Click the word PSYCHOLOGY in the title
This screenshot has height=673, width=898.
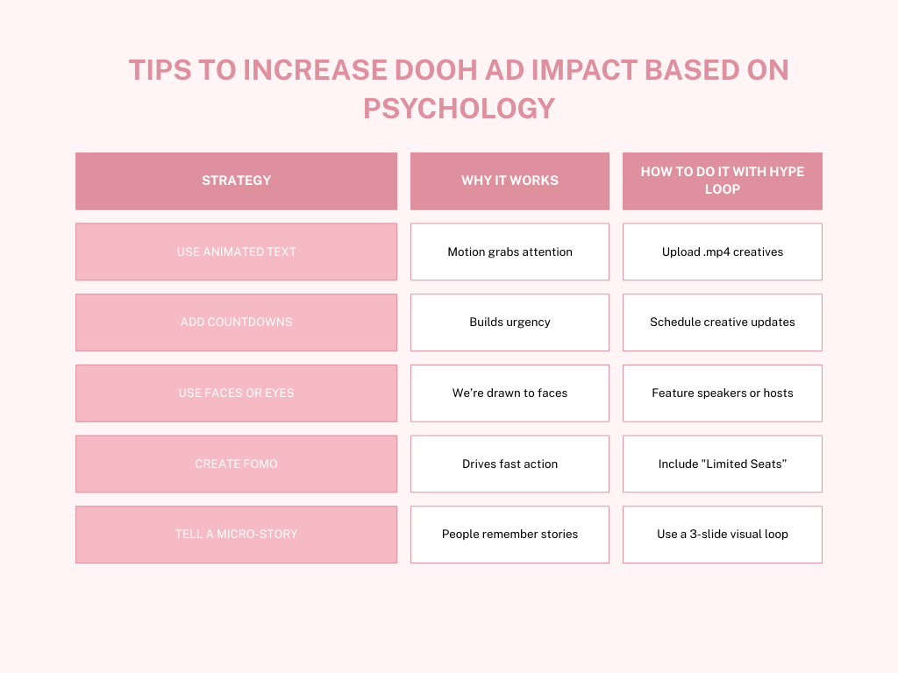tap(459, 108)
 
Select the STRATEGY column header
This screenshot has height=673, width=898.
tap(236, 181)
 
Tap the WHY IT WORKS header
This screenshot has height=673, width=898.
tap(510, 181)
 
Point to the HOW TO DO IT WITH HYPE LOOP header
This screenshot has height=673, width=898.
tap(722, 181)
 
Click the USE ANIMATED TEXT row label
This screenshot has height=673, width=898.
tap(236, 251)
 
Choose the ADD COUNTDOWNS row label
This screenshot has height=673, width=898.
tap(236, 322)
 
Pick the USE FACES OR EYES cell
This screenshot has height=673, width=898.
tap(236, 393)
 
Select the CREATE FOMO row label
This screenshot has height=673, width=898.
tap(236, 464)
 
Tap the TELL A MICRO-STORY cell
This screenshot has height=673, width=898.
tap(236, 534)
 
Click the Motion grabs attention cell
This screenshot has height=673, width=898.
tap(510, 251)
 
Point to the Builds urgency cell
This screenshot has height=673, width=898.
tap(510, 322)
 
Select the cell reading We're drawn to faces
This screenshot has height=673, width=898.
tap(510, 393)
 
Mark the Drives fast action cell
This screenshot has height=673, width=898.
tap(510, 464)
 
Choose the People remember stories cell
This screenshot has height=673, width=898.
tap(510, 534)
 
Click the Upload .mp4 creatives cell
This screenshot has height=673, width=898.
tap(722, 251)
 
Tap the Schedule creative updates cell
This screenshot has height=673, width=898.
tap(722, 322)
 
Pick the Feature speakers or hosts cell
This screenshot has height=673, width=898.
tap(722, 393)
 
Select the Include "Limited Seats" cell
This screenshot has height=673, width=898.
tap(722, 464)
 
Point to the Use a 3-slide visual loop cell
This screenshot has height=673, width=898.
tap(722, 534)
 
